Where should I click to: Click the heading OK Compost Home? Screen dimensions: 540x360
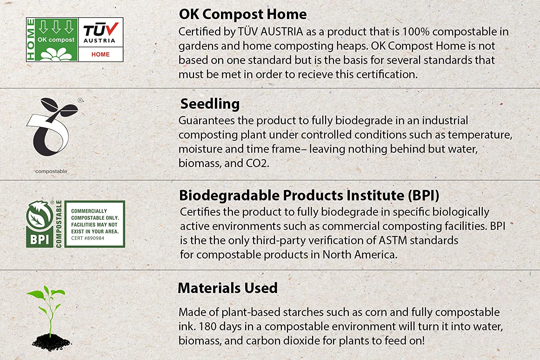(243, 14)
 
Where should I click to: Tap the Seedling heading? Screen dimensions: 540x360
(210, 104)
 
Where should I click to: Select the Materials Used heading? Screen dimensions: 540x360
(228, 288)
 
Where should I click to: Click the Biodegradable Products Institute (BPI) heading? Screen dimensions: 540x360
(309, 195)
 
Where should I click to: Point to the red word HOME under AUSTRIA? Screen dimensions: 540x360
(100, 54)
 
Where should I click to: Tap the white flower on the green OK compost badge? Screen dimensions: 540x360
(56, 54)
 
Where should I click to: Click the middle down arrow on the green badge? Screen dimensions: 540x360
(56, 27)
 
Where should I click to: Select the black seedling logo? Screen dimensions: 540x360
(52, 127)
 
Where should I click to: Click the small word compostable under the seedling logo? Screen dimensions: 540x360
(51, 171)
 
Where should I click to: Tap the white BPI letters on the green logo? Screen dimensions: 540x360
(40, 240)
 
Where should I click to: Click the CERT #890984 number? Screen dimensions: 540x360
(87, 238)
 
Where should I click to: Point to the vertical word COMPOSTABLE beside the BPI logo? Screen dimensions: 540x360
(59, 224)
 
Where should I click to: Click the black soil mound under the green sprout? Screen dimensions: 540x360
(51, 342)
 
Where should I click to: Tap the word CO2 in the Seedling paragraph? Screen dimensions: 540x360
(257, 163)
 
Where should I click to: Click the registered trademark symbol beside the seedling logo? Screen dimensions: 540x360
(80, 100)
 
